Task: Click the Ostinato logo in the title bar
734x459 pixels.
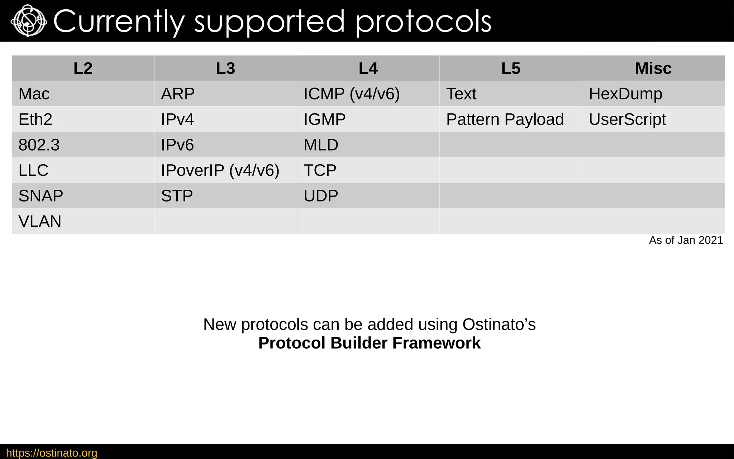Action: click(x=29, y=21)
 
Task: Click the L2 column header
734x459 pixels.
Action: click(x=83, y=68)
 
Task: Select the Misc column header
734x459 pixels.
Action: click(x=653, y=68)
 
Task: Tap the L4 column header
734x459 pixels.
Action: click(x=368, y=68)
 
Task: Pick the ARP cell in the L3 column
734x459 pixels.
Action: click(x=178, y=94)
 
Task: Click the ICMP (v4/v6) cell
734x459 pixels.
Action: click(x=351, y=94)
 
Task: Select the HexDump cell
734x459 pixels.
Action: click(x=625, y=94)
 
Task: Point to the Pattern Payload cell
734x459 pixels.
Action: click(x=505, y=119)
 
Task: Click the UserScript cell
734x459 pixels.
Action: click(x=627, y=119)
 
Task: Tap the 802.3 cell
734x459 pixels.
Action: click(x=39, y=145)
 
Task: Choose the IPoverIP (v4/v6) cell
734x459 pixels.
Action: click(x=220, y=170)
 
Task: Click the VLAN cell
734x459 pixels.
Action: click(x=40, y=221)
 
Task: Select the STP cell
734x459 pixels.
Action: click(x=177, y=196)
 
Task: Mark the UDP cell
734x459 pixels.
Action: click(x=321, y=196)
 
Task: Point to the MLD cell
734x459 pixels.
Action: click(x=321, y=145)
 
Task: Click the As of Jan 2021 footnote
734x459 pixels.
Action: click(x=686, y=240)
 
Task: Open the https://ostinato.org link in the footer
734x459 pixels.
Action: click(x=52, y=453)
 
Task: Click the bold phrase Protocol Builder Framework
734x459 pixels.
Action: click(x=369, y=343)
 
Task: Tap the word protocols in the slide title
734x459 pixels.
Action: click(x=423, y=22)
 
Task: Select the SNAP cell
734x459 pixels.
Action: click(x=41, y=196)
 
